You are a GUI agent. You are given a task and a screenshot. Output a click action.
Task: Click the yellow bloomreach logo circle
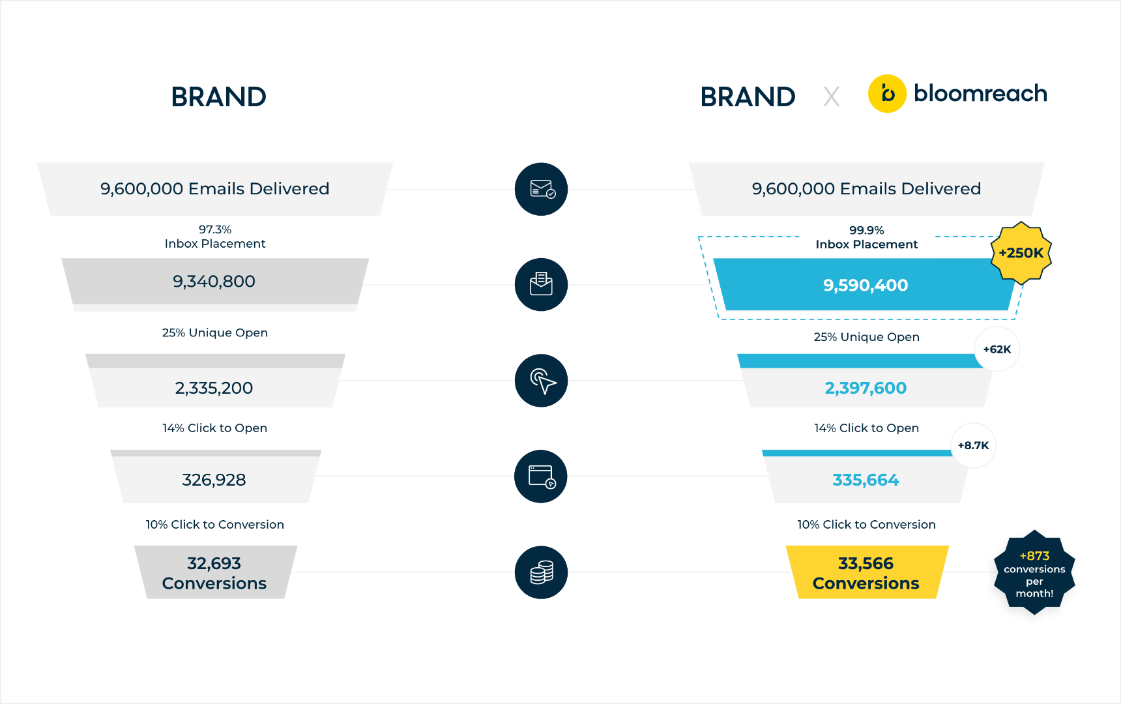point(887,94)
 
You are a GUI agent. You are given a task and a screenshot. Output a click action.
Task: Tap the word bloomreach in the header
point(980,93)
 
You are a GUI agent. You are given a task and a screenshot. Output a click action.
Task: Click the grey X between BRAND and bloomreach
point(831,97)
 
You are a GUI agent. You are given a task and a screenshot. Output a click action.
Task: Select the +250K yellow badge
point(1021,253)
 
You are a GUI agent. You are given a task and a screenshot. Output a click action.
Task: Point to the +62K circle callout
point(997,349)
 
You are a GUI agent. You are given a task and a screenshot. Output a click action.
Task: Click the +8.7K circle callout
point(973,445)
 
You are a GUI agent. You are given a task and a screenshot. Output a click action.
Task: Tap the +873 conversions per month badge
point(1034,573)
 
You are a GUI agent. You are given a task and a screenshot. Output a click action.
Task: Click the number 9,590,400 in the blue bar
point(866,285)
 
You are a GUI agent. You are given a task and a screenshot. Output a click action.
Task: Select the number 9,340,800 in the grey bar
point(214,281)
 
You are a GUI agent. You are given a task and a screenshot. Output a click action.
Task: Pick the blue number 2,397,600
point(866,388)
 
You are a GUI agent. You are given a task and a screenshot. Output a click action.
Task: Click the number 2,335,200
point(214,388)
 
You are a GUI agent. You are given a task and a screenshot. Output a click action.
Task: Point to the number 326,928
point(214,480)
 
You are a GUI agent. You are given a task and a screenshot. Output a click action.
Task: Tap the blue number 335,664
point(866,480)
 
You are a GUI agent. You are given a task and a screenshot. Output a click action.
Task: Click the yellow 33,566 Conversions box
point(867,572)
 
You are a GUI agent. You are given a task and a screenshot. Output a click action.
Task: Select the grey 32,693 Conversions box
point(215,572)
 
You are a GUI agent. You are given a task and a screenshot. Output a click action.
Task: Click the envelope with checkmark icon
point(542,189)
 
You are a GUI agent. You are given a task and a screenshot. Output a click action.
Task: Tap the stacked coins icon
point(542,572)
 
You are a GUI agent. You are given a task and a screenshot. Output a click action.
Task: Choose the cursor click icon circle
point(542,381)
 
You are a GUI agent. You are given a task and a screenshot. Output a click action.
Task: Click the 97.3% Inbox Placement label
point(215,237)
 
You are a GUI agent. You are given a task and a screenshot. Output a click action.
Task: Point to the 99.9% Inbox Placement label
point(867,237)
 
